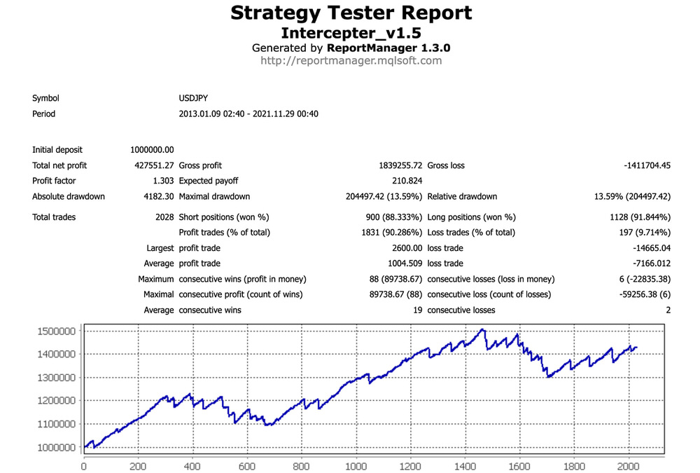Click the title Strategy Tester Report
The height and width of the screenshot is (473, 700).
[x=351, y=13]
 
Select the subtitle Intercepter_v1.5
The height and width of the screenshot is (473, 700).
[x=351, y=33]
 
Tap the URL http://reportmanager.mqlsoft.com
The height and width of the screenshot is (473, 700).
[x=351, y=61]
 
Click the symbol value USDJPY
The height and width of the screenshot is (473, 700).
[x=193, y=99]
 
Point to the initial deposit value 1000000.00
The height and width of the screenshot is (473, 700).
[x=152, y=150]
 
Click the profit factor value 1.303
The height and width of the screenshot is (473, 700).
[x=162, y=181]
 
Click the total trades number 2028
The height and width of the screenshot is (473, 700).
[x=164, y=217]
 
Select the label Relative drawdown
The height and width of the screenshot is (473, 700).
[x=462, y=196]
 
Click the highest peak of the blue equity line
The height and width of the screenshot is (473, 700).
[x=482, y=329]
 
